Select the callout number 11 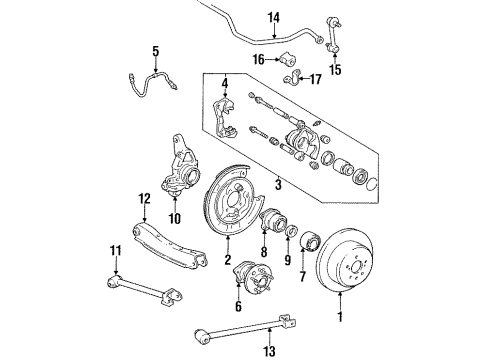tap(116, 249)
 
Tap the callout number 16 tap(257, 60)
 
